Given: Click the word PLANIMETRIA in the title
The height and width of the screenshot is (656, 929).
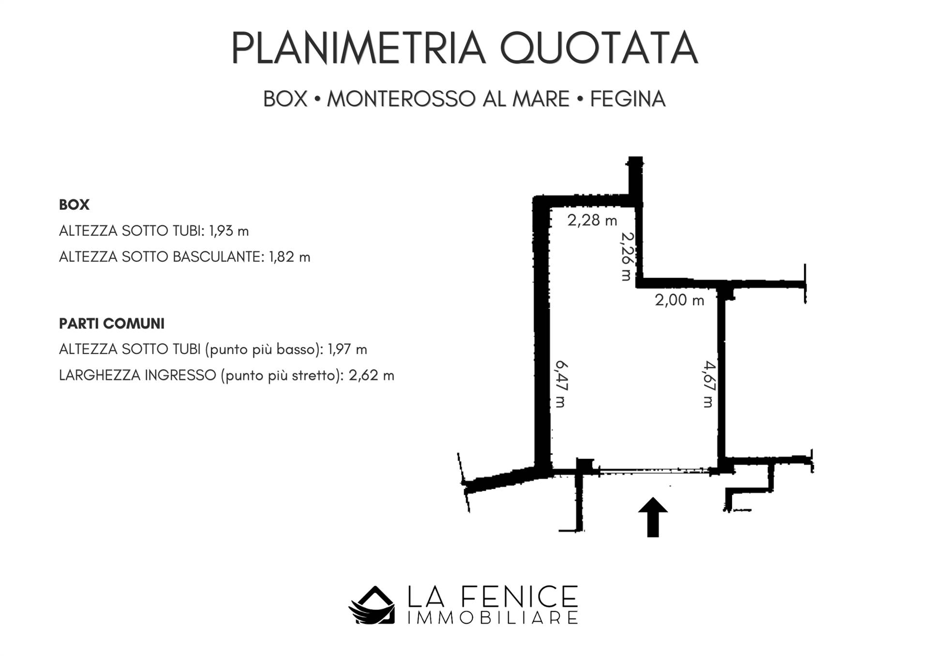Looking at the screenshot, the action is tap(359, 48).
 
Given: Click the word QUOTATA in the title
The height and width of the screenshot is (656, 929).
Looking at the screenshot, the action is tap(599, 48).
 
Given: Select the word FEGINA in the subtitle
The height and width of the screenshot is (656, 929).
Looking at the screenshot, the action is tap(628, 99).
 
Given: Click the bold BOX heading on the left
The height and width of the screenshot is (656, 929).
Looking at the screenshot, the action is tap(74, 205).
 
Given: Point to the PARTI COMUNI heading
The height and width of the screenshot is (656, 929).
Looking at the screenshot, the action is tap(112, 324).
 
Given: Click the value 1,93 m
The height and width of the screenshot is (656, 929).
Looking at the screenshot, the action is tap(229, 231).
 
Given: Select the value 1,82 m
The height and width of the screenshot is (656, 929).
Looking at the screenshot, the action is tap(290, 257).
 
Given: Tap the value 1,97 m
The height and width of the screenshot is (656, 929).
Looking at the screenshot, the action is tap(347, 350).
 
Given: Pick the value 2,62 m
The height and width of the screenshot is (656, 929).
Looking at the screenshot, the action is tap(372, 376).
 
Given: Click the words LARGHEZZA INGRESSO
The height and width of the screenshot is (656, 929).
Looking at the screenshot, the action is tap(137, 376).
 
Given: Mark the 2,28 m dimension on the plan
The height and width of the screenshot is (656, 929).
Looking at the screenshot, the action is tap(592, 220).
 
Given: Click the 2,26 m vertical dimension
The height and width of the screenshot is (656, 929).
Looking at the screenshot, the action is tap(627, 257).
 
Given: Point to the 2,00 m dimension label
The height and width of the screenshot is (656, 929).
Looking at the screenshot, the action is tap(679, 300).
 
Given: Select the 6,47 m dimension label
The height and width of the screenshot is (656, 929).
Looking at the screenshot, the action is tap(560, 384).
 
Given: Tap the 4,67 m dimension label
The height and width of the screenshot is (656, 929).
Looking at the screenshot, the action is tap(709, 384).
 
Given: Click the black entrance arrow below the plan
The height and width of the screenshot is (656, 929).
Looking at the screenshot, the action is tap(653, 517).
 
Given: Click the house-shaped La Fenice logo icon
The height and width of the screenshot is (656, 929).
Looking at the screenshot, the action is tap(371, 605).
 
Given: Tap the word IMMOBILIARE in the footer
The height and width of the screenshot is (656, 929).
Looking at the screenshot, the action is tap(493, 618).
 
